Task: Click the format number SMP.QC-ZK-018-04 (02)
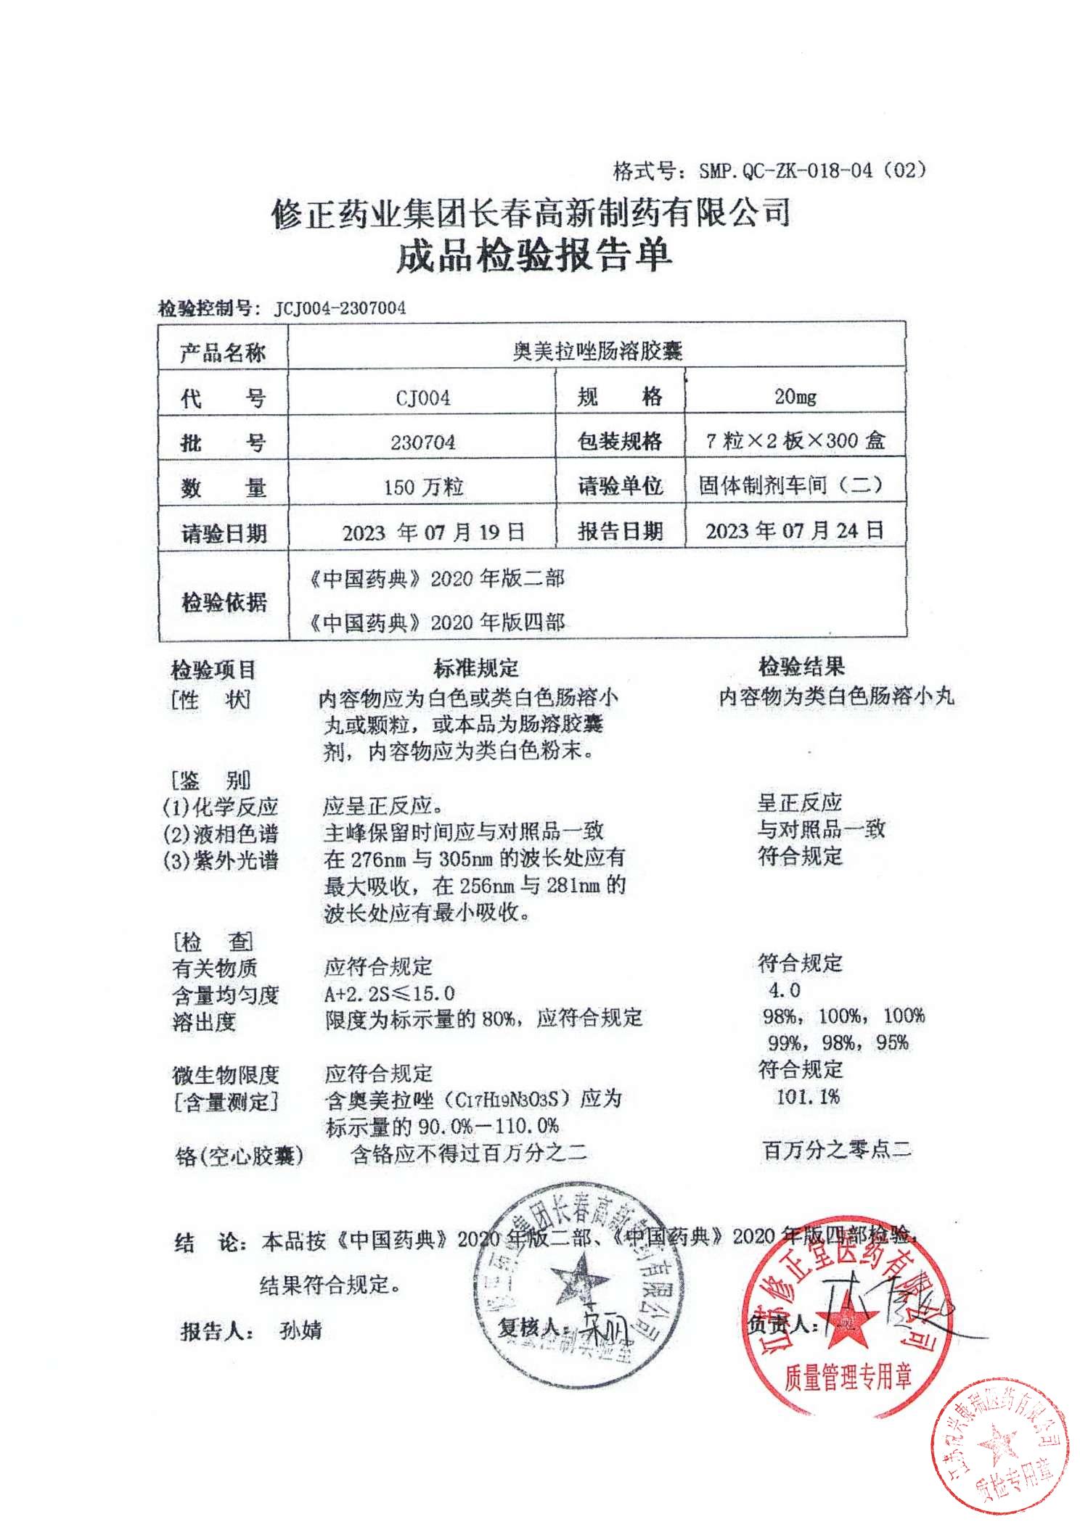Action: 812,171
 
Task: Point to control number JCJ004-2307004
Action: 340,308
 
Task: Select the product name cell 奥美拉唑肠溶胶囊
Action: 597,352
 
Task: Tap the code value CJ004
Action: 422,398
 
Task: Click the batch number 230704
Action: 422,442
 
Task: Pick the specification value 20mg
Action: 795,396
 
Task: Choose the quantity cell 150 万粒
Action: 422,487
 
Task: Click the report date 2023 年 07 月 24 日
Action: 795,530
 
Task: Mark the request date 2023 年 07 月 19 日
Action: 433,532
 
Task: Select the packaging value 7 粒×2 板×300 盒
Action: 795,440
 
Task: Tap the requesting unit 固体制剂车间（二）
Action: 790,485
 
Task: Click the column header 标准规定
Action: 476,667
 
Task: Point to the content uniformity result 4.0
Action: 784,990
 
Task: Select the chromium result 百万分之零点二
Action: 835,1150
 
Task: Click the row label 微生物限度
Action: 225,1074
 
